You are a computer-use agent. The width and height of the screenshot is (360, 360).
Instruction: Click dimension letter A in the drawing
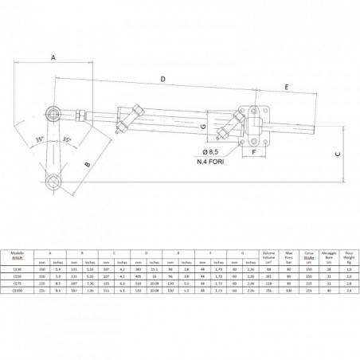[53, 58]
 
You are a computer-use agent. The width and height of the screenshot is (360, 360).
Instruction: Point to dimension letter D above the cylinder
[162, 80]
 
